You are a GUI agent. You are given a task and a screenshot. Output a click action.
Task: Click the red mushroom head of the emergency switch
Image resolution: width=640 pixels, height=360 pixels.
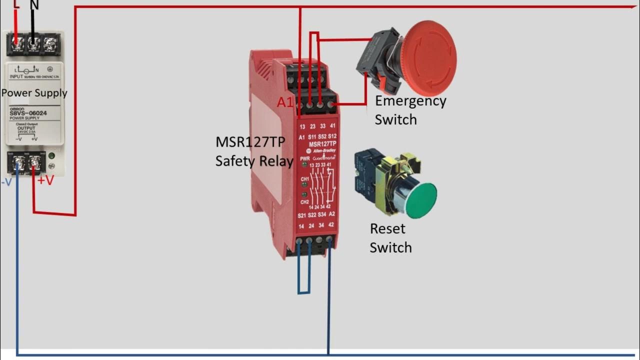coord(429,57)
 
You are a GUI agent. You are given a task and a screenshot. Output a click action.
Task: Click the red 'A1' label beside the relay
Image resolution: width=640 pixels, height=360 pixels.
coord(285,102)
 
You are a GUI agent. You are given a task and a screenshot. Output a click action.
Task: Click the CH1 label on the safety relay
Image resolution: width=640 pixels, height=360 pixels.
coord(304,178)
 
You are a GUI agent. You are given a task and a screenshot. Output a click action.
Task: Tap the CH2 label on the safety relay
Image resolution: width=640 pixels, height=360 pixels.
coord(304,201)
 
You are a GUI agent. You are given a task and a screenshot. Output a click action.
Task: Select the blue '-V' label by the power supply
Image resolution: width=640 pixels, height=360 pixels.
coord(6,182)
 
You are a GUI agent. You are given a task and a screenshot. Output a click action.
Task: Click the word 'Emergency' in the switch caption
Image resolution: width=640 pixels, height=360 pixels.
coord(410,101)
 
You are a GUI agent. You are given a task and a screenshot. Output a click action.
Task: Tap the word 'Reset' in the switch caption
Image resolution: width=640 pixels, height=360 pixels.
coord(387,229)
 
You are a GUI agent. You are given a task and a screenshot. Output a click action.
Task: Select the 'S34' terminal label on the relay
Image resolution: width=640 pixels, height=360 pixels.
coord(322,215)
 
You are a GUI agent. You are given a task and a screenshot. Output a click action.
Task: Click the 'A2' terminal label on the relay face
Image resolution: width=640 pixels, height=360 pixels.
coord(331,214)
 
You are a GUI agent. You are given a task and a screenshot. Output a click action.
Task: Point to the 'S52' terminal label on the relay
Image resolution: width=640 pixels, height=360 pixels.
coord(322,136)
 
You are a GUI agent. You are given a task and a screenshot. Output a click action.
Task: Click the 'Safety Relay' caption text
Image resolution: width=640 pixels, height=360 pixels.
coord(254,161)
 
